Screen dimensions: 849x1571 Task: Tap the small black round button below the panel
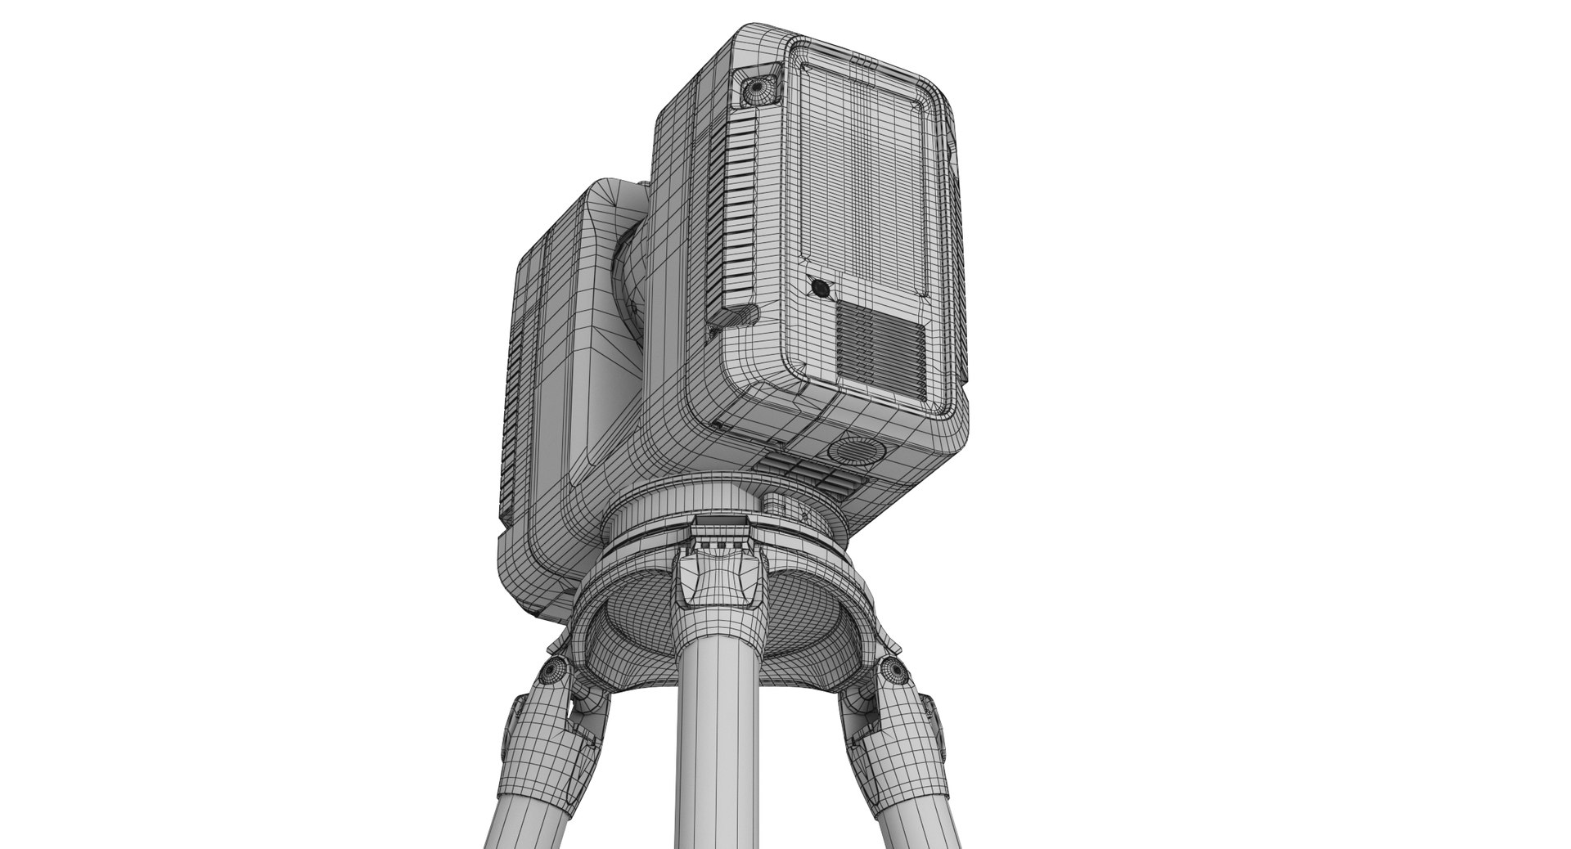point(819,288)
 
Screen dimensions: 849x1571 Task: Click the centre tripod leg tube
point(721,736)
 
